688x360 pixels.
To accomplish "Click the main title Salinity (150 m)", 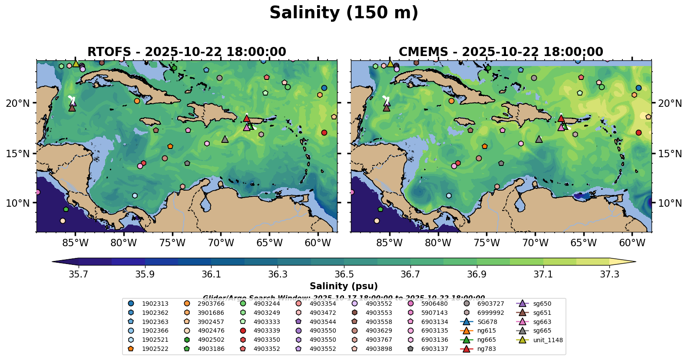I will [344, 13].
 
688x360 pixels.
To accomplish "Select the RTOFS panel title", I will [187, 52].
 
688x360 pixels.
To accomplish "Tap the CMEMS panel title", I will [501, 52].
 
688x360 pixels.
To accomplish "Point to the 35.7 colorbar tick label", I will [79, 274].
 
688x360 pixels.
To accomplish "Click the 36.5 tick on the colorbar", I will [344, 274].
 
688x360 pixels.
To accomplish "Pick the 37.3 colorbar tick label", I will [609, 274].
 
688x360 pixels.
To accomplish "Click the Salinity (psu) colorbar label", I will [344, 286].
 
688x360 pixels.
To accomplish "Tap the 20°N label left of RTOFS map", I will [18, 103].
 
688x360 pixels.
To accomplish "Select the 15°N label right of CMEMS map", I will [670, 154].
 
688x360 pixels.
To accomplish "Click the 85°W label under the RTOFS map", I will [75, 243].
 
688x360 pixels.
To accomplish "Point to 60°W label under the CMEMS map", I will [632, 243].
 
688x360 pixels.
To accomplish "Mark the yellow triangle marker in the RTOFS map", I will [76, 63].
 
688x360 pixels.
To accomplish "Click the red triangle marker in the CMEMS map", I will [561, 118].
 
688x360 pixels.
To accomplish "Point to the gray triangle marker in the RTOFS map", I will [225, 139].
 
